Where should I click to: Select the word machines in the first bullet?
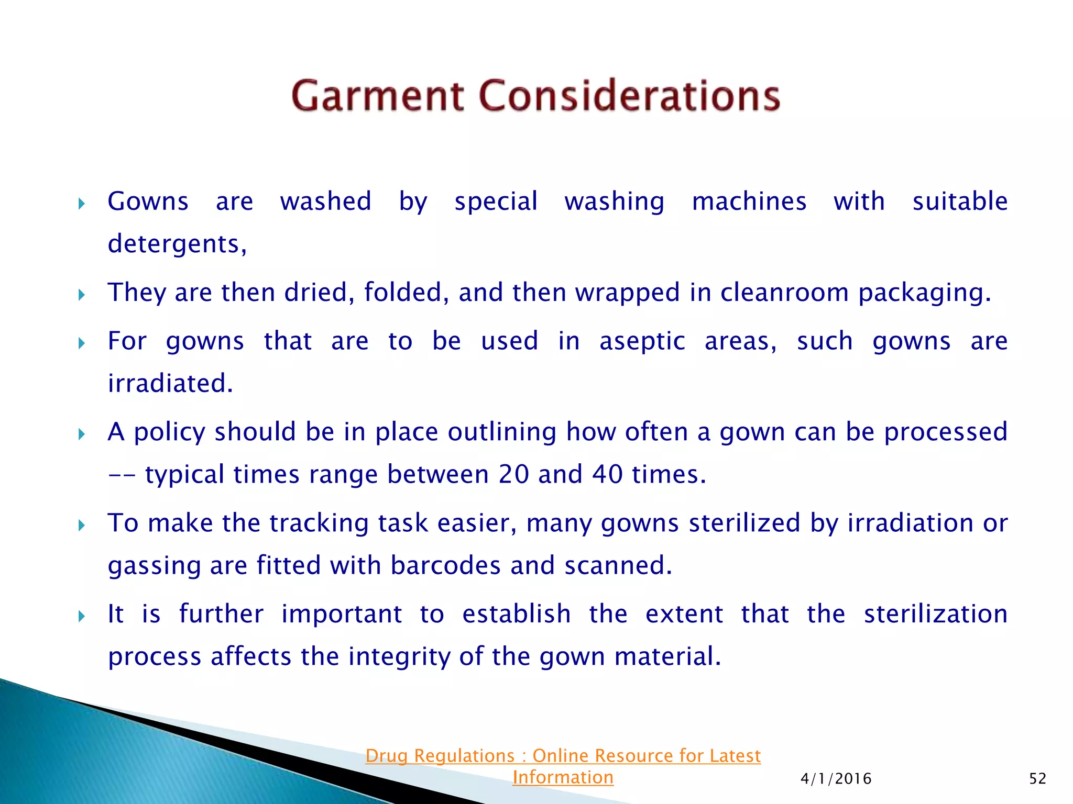749,202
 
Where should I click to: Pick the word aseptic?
642,341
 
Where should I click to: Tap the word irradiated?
170,383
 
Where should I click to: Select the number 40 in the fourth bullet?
607,474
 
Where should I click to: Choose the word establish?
517,614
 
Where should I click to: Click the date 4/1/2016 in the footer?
836,779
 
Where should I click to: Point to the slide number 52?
1037,779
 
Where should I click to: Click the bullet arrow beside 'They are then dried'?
81,295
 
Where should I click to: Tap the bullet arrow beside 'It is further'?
81,616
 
